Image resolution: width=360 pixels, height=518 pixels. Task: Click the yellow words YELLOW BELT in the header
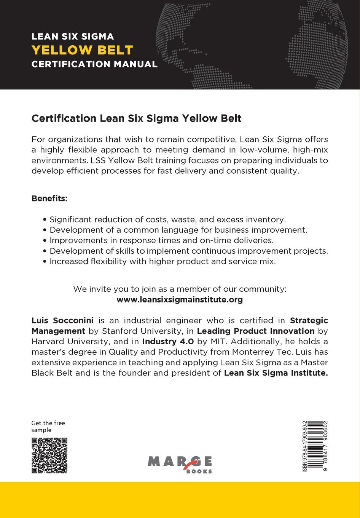tap(82, 50)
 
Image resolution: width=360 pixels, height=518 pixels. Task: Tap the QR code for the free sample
tap(49, 456)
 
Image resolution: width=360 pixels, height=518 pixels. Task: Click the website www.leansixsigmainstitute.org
tap(180, 300)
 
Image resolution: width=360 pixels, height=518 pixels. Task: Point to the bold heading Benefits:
tap(49, 199)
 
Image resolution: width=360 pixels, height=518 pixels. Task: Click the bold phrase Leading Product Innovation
tap(255, 331)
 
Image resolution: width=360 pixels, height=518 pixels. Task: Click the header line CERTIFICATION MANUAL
tap(94, 64)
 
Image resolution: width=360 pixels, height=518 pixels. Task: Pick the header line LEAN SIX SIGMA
tap(73, 37)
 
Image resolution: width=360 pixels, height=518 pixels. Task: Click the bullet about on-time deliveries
tap(162, 241)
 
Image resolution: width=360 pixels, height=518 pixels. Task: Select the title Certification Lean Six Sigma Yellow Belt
tap(136, 118)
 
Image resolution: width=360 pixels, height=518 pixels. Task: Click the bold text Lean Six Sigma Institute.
tap(276, 373)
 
